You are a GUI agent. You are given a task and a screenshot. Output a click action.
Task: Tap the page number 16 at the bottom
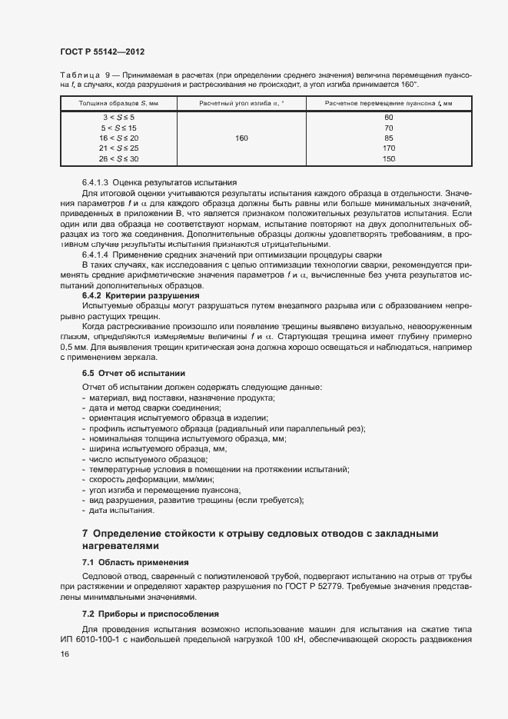click(65, 654)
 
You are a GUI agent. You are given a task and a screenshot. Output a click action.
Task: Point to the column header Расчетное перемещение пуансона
click(388, 102)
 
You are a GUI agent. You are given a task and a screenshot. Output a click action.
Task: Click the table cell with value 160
click(241, 138)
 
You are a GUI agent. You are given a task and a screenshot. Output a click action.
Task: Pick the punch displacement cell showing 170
click(388, 148)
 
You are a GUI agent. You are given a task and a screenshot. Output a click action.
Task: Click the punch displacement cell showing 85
click(388, 138)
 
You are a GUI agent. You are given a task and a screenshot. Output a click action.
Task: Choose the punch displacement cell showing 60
click(388, 117)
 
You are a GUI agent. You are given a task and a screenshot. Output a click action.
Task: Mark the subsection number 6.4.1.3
click(98, 181)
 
